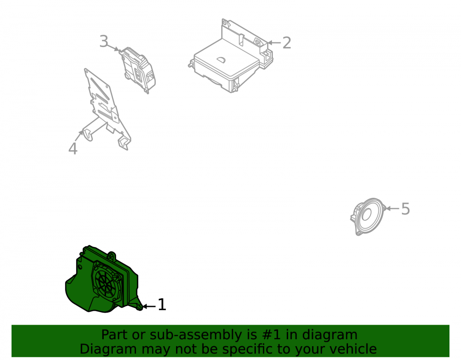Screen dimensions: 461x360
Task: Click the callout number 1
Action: click(162, 305)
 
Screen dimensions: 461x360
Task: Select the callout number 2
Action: click(287, 43)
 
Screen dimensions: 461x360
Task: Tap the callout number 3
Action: click(104, 41)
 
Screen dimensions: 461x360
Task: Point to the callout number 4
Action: click(73, 148)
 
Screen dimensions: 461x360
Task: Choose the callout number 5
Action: click(405, 209)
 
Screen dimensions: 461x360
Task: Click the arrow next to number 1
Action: click(149, 307)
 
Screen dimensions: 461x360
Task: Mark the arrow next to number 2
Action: click(274, 43)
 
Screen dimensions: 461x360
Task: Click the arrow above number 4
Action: click(79, 136)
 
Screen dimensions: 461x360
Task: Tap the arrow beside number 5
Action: click(392, 208)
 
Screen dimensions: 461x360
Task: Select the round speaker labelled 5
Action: click(368, 216)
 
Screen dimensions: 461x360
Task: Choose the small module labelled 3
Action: click(137, 69)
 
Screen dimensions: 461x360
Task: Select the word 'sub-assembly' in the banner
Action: click(194, 335)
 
